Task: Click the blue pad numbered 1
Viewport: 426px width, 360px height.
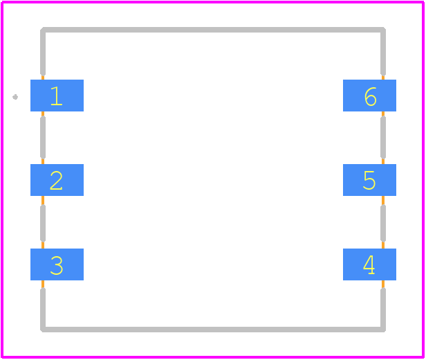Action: click(57, 96)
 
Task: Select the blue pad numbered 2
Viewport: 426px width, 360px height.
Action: click(57, 180)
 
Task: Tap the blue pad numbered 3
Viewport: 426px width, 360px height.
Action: click(57, 264)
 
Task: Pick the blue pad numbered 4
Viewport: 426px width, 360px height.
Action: click(369, 264)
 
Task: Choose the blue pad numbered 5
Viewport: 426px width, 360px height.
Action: click(369, 180)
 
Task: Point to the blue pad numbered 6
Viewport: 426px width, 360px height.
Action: click(369, 96)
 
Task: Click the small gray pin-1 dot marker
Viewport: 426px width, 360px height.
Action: click(15, 97)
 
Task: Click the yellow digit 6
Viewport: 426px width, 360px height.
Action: click(370, 96)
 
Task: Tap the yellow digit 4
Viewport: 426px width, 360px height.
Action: click(369, 264)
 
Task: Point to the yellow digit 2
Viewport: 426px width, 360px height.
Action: click(56, 180)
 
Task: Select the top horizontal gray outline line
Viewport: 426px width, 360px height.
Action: click(213, 30)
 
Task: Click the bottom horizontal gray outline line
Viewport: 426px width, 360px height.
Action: click(213, 330)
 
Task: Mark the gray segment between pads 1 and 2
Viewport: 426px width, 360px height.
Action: click(43, 138)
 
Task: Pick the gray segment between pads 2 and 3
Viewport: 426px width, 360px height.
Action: click(43, 224)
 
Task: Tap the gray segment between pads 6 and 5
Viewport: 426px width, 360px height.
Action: click(383, 138)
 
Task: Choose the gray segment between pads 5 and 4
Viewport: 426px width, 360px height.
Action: click(383, 224)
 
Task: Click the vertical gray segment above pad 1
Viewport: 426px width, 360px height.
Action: click(43, 52)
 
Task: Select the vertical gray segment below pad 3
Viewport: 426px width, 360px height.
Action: click(43, 310)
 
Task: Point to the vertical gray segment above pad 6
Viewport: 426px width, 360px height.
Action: click(383, 52)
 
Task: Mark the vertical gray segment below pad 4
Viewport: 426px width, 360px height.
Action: click(383, 310)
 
